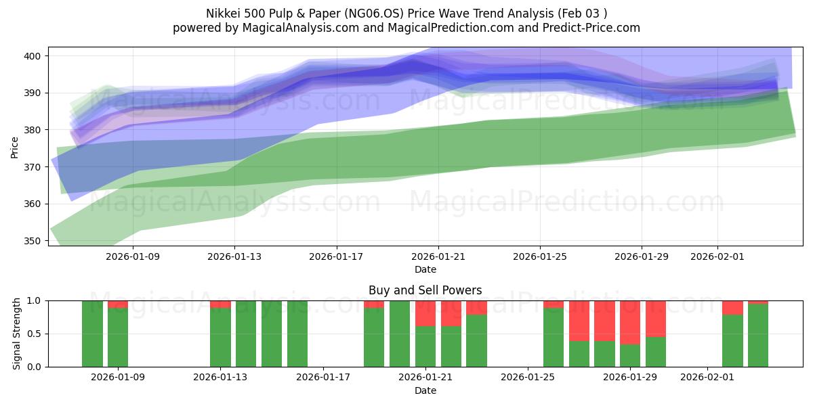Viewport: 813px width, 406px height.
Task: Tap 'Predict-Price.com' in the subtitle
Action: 588,28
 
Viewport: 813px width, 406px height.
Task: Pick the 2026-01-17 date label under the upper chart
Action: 336,257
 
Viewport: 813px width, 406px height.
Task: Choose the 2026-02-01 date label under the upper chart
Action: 717,257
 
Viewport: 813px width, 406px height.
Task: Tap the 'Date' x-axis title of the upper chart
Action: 425,269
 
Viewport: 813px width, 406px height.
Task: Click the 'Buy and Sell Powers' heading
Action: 425,290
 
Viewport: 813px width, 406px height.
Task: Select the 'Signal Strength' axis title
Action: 17,334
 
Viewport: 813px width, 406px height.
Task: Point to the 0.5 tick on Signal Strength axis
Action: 34,334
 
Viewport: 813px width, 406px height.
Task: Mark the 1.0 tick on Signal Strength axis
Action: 34,300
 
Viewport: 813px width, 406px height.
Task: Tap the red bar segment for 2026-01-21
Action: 425,313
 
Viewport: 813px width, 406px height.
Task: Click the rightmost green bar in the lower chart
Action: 758,336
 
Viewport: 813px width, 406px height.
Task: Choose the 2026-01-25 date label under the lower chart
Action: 528,377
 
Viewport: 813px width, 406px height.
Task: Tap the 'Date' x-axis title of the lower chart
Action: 425,390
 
